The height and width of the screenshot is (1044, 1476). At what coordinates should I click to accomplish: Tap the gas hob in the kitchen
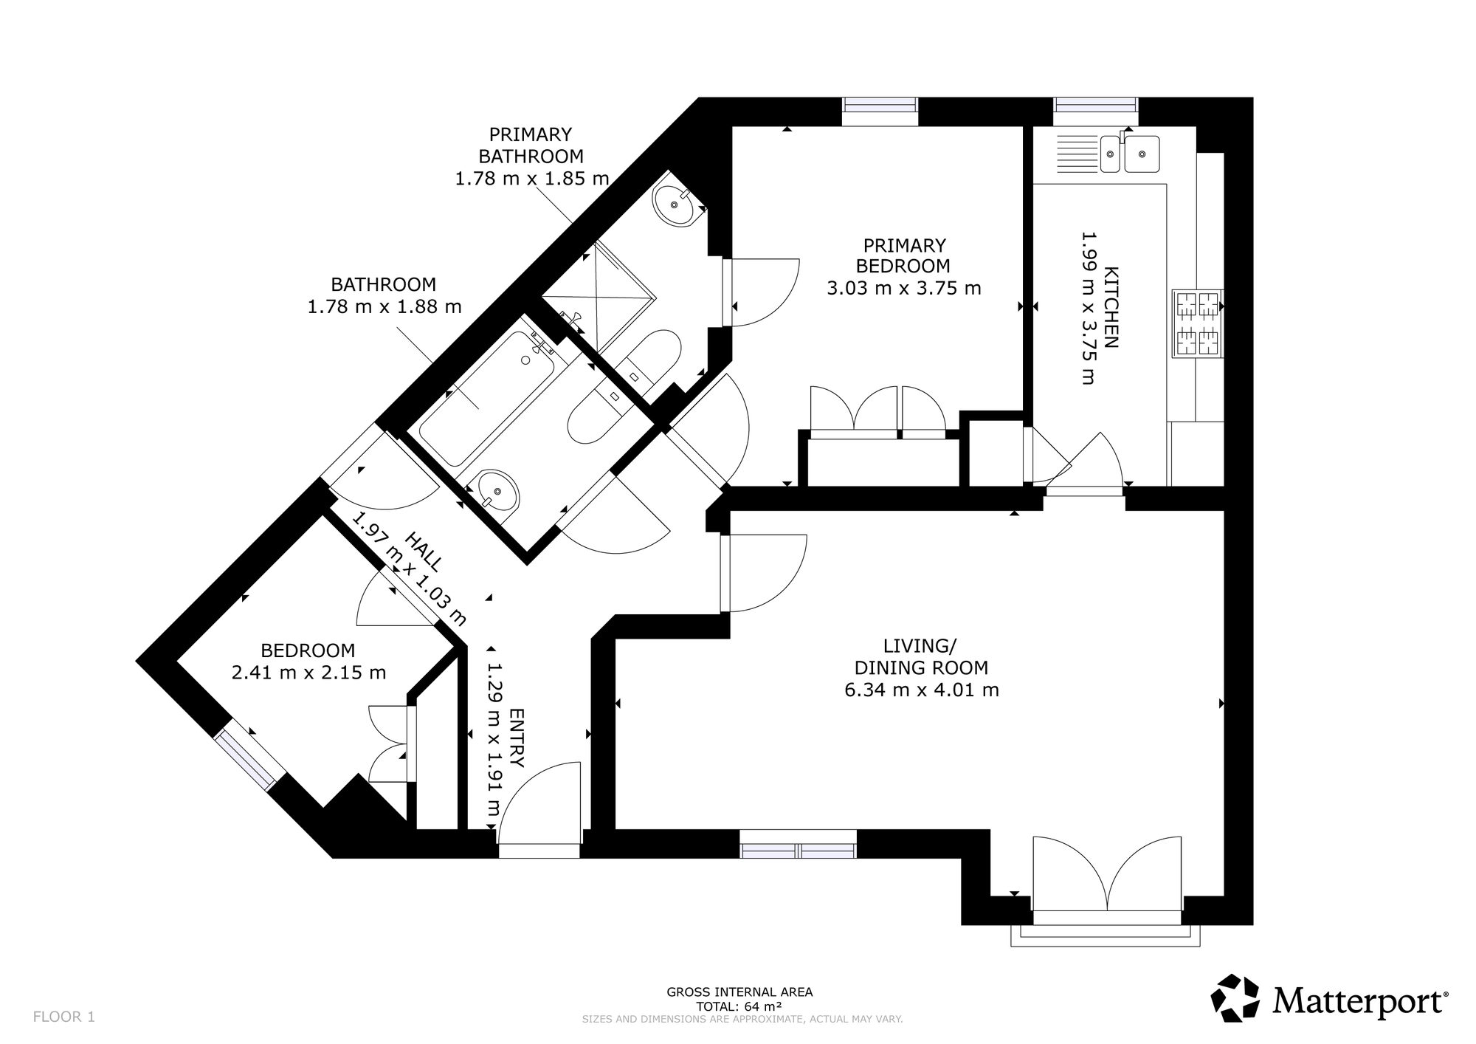coord(1197,323)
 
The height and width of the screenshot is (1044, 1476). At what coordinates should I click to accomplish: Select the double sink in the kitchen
coord(1129,154)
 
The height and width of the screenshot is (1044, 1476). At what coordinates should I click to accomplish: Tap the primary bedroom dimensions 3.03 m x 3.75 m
coord(904,288)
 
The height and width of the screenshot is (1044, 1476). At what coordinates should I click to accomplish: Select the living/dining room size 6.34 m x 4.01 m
coord(922,690)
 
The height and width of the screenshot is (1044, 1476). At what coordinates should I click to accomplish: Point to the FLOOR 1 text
coord(64,1017)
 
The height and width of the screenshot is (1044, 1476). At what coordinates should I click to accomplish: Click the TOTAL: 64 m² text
coord(739,1006)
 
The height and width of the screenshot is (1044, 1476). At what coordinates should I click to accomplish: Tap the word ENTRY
coord(517,738)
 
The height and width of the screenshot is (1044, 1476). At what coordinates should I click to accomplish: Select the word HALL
coord(425,552)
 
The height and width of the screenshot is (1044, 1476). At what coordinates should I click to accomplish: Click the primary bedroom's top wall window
coord(880,111)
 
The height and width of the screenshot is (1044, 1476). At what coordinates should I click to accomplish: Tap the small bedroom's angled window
coord(250,759)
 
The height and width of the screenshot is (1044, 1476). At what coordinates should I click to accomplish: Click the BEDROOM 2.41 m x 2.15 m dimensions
coord(308,662)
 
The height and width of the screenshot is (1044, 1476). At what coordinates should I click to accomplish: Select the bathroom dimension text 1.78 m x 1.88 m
coord(384,306)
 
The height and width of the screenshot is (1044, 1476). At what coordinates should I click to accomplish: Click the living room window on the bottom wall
coord(798,844)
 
